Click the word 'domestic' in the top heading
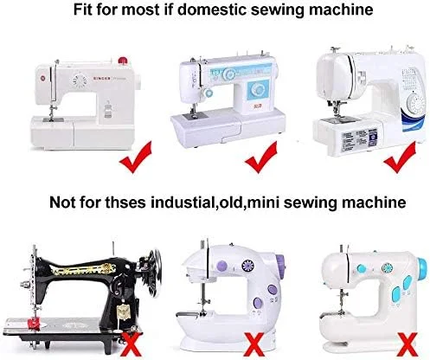tap(212, 10)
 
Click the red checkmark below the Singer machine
tap(136, 157)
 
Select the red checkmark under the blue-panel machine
tap(261, 157)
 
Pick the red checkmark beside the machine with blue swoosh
tap(400, 157)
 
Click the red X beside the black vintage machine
tap(132, 344)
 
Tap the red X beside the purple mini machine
tap(254, 344)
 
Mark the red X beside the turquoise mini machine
tap(407, 344)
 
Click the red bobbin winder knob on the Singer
tap(123, 61)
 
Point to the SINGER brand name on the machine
tap(102, 78)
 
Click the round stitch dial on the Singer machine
tap(80, 80)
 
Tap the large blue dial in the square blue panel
tap(258, 89)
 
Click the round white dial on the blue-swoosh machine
tap(415, 105)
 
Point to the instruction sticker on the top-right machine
tap(357, 140)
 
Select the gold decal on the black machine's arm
tap(84, 269)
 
